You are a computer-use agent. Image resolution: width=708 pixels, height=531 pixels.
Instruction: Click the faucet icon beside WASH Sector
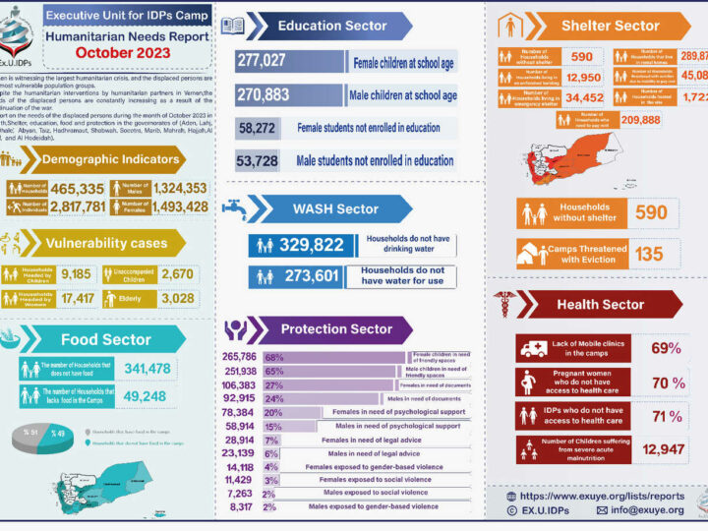234,207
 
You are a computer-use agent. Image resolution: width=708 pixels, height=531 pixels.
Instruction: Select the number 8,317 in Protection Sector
240,506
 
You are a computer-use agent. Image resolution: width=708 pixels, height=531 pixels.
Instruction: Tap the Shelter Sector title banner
610,26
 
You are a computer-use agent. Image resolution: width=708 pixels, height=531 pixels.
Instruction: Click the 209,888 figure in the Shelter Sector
641,119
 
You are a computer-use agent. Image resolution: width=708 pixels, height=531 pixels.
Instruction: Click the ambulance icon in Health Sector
532,348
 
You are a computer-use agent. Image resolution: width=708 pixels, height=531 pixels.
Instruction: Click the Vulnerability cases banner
98,241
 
